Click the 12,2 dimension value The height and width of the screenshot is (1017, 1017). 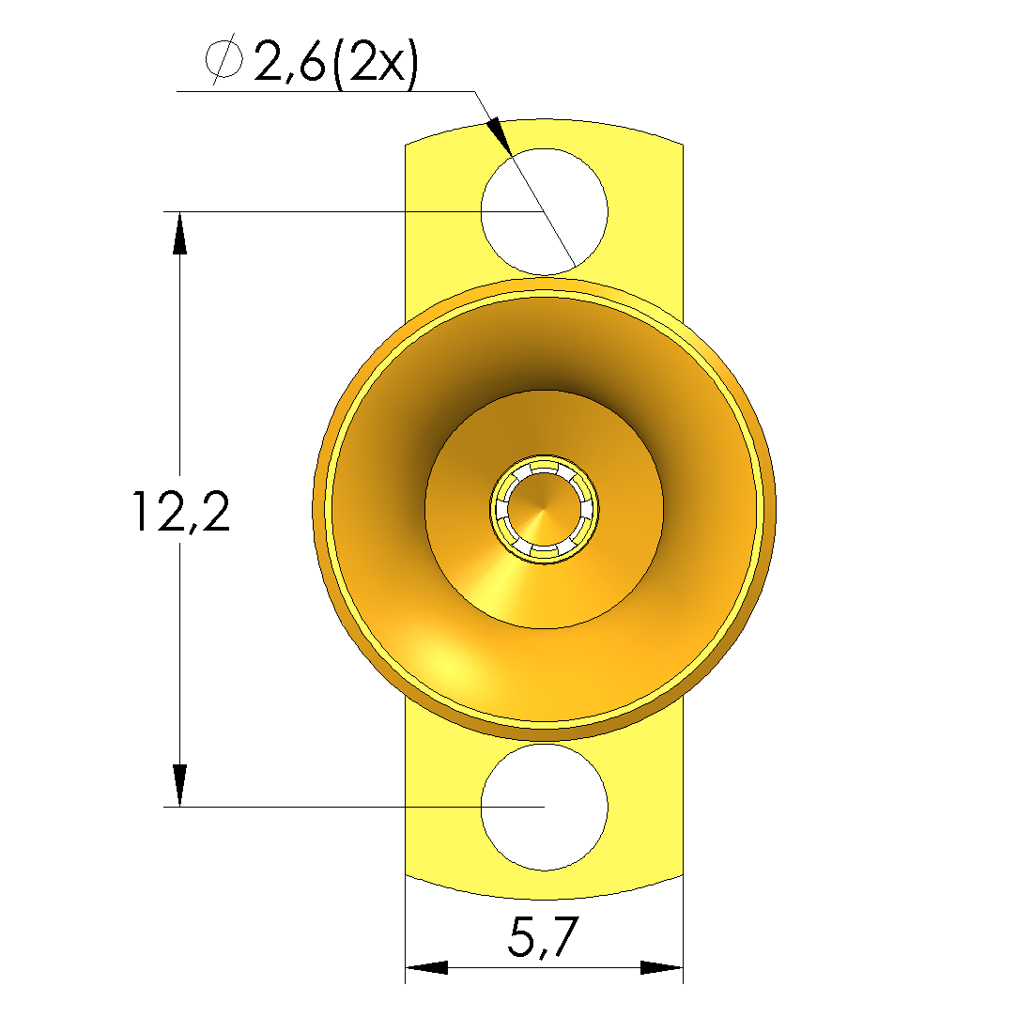[181, 512]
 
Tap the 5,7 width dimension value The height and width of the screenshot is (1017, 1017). [542, 936]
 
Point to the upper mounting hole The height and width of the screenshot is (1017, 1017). [544, 211]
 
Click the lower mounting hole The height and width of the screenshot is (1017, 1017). [544, 808]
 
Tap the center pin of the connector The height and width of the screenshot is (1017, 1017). [544, 509]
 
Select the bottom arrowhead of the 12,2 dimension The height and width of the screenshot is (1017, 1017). [179, 785]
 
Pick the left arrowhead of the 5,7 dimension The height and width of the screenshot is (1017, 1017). [426, 968]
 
